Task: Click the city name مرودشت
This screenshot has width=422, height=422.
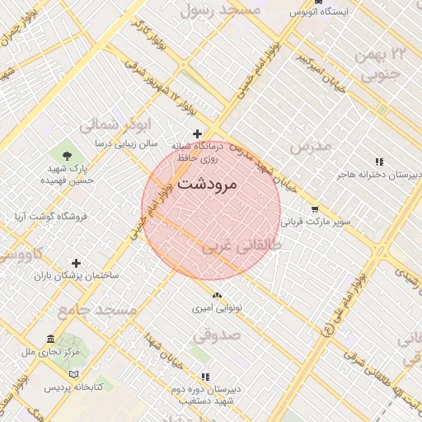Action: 207,184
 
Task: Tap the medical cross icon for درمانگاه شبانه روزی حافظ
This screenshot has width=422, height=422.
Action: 197,134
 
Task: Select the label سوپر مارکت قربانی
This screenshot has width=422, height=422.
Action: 316,222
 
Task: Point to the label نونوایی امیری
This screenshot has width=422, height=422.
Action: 216,309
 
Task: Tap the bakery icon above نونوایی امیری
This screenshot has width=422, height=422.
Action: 216,296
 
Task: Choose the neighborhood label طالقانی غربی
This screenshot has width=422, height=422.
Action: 242,246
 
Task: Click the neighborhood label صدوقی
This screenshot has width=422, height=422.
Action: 217,336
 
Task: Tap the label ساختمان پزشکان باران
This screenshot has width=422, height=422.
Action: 77,274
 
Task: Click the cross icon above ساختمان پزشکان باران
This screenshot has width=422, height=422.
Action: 77,262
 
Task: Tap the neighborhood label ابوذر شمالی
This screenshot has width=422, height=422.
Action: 115,125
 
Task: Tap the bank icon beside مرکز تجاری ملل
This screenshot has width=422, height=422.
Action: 51,339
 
